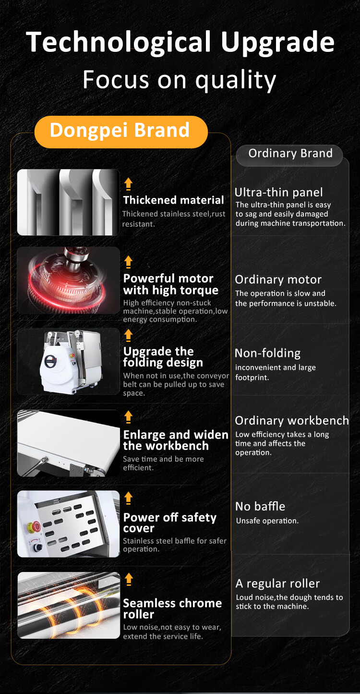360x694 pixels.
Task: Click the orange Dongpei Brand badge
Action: [x=121, y=132]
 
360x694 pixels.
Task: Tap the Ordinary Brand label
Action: [x=290, y=153]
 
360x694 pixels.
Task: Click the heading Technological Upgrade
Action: [x=180, y=42]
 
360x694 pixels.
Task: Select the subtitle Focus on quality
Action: [x=179, y=80]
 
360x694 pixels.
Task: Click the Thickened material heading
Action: [x=173, y=200]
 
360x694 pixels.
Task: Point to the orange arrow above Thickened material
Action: [x=128, y=184]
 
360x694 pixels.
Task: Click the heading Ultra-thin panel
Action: [x=278, y=193]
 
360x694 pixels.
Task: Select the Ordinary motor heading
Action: [x=278, y=280]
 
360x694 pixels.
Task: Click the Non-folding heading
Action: [x=267, y=353]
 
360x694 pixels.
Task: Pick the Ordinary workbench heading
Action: [x=292, y=420]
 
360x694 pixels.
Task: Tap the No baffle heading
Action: [x=260, y=506]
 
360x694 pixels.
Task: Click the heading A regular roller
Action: [x=277, y=584]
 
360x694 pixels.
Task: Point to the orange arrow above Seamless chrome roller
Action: [x=129, y=579]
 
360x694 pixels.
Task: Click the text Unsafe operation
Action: [x=267, y=521]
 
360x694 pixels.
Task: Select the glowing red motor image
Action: [x=69, y=280]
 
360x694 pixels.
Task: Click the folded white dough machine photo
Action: [x=69, y=361]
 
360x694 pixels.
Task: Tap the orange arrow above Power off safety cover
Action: [x=129, y=498]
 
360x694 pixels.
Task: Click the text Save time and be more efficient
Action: [x=163, y=463]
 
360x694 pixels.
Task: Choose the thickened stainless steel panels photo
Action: [x=69, y=202]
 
